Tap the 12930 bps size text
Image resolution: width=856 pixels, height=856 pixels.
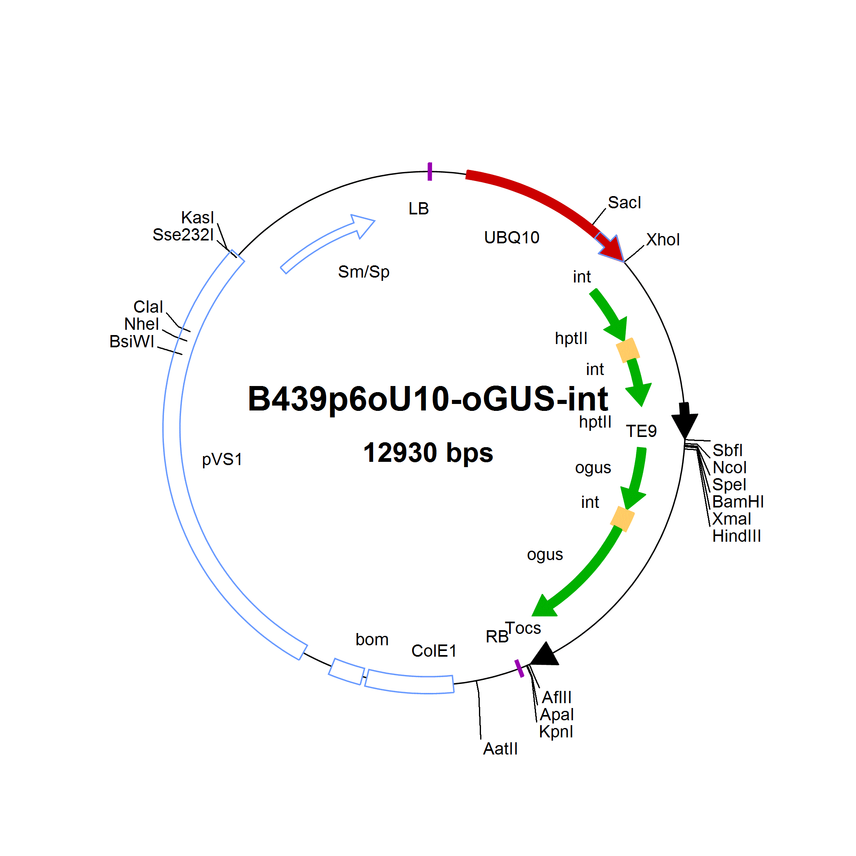click(428, 452)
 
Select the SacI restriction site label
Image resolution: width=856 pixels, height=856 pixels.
click(624, 203)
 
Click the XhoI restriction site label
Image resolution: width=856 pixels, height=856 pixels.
click(662, 240)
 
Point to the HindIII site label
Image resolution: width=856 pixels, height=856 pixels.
click(737, 536)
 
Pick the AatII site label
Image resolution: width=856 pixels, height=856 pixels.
click(500, 749)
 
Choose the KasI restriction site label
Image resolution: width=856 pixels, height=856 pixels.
click(198, 218)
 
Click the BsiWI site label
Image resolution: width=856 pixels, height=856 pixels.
click(132, 342)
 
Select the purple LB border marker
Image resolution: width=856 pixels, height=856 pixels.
click(429, 172)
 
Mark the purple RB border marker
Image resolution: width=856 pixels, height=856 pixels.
click(519, 668)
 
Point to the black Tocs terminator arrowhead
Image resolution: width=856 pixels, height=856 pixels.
click(545, 654)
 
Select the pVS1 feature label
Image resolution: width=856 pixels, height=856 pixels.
click(222, 459)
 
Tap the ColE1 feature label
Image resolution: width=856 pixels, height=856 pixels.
click(434, 651)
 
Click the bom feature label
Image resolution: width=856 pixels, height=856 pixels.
click(372, 639)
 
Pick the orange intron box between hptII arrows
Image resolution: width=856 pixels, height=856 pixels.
click(628, 350)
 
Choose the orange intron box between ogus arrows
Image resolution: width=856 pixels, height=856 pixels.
click(622, 519)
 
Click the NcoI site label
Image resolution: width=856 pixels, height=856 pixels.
click(729, 468)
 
